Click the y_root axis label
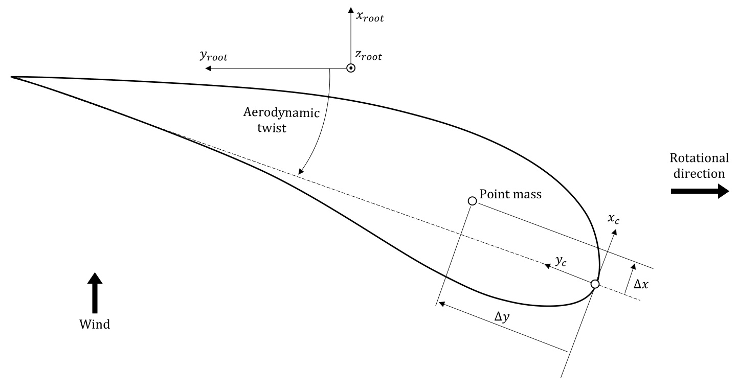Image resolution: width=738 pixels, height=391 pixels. tap(213, 56)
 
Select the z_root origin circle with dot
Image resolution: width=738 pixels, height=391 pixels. tap(351, 68)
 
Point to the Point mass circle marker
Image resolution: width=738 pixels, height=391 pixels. tap(473, 201)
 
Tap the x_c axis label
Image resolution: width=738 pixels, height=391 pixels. tap(614, 218)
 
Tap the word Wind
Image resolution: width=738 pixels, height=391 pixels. tap(95, 324)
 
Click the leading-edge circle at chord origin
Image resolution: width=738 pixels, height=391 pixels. tap(595, 284)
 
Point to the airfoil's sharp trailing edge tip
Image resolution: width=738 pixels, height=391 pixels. tap(11, 77)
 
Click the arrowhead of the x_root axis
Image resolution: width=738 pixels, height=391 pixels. tap(350, 9)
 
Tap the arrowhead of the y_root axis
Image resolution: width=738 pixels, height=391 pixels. tap(207, 68)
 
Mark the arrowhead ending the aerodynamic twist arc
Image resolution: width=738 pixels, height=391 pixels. tap(301, 172)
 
